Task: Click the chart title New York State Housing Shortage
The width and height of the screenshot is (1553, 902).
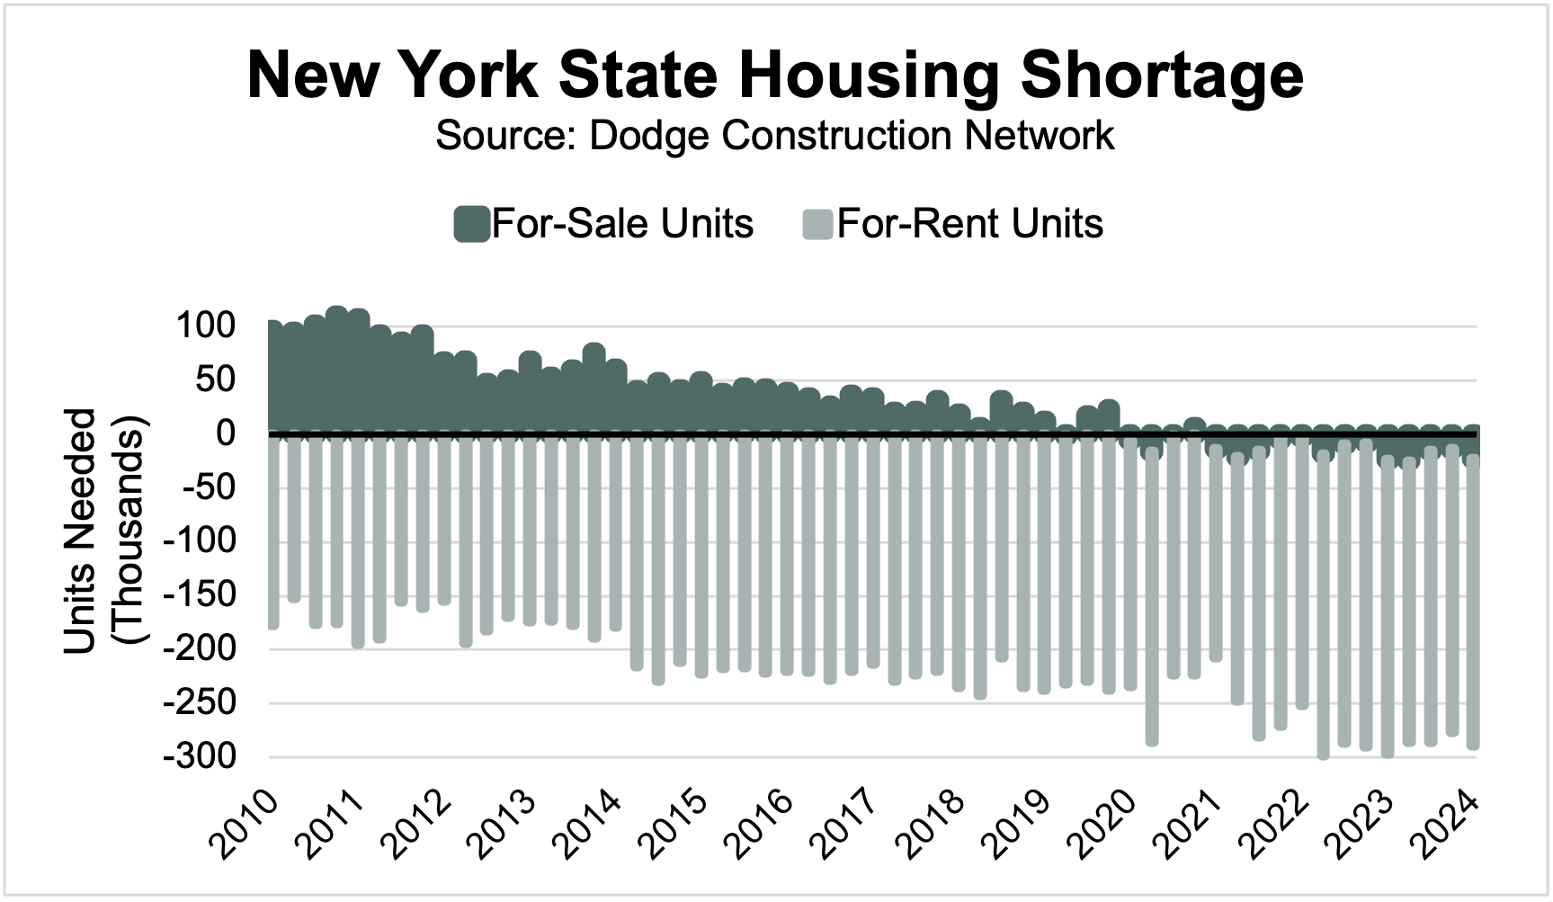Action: tap(775, 76)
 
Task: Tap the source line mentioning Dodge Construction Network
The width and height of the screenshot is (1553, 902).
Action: tap(775, 136)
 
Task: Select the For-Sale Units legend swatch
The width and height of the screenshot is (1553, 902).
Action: tap(471, 224)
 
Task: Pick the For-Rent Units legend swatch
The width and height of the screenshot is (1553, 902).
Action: tap(817, 224)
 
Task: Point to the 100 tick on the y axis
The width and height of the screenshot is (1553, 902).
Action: tap(206, 326)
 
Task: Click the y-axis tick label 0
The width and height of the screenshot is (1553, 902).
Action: tap(225, 433)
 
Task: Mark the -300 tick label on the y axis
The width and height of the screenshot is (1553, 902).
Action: tap(199, 757)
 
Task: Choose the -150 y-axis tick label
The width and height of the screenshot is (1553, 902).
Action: tap(199, 595)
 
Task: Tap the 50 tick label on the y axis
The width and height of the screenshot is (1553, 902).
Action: tap(216, 380)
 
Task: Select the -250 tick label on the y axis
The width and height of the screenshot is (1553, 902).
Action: tap(199, 703)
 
